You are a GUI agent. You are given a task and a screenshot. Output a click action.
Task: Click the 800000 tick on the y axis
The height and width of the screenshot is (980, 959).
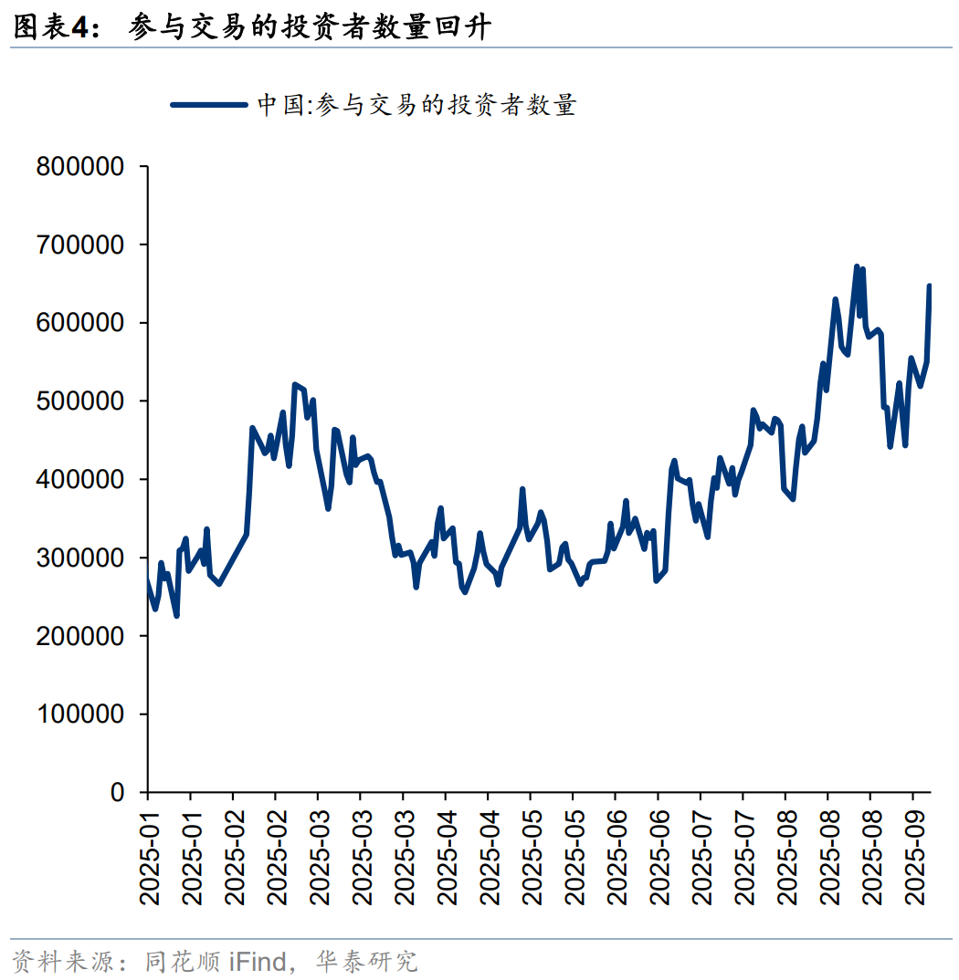click(x=80, y=167)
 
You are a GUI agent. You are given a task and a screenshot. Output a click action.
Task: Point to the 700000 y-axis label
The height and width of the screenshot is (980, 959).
click(x=80, y=245)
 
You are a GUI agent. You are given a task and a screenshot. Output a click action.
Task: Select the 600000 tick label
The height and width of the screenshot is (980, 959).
click(x=80, y=323)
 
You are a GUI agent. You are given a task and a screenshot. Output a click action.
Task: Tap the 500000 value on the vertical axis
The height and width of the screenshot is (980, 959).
click(x=80, y=401)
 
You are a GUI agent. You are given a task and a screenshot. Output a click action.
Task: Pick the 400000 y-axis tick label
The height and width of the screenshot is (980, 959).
click(x=80, y=480)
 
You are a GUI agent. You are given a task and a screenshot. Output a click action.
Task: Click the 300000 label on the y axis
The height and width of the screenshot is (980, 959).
click(x=80, y=558)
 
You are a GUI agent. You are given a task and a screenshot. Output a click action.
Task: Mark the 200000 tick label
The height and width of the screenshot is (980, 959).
click(x=80, y=636)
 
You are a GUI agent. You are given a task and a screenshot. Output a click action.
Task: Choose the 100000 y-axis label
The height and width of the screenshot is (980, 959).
click(x=80, y=714)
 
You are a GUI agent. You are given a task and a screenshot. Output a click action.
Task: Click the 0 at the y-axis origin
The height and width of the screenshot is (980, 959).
click(x=116, y=792)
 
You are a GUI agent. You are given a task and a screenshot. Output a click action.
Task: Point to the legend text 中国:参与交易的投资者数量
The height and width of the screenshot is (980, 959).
click(x=416, y=106)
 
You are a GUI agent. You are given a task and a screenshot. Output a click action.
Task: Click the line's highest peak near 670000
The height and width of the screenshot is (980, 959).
click(x=857, y=267)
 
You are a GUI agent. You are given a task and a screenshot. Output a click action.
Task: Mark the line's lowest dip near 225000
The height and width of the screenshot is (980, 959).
click(x=176, y=615)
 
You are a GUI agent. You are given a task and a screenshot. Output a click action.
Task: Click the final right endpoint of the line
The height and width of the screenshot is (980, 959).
click(x=930, y=287)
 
